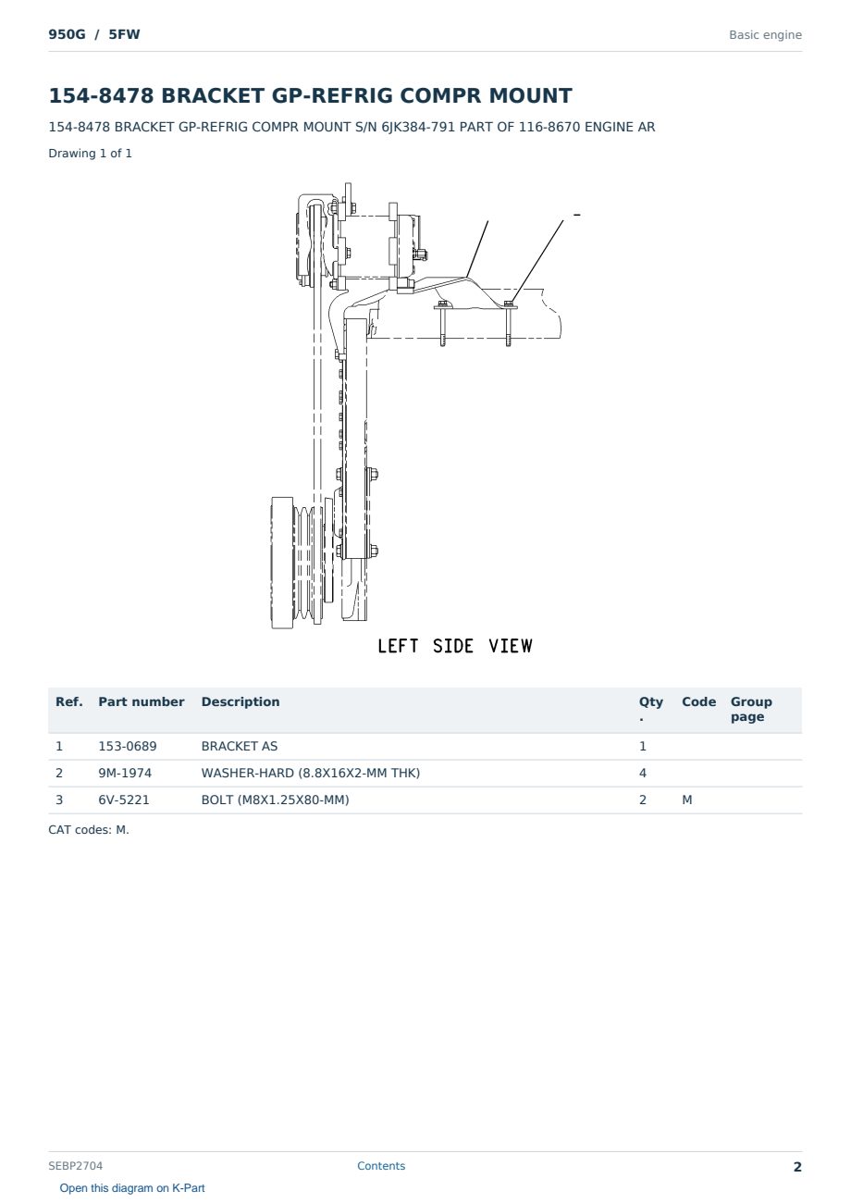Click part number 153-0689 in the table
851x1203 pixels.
tap(128, 746)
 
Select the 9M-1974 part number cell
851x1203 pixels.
tap(125, 773)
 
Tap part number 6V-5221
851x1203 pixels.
tap(124, 800)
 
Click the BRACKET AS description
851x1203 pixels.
tap(240, 746)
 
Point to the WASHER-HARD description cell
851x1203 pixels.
tap(310, 773)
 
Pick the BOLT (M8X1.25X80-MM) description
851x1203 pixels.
tap(275, 800)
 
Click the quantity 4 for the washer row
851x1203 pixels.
tap(643, 773)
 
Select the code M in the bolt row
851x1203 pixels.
tap(686, 800)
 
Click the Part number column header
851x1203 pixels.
tap(142, 702)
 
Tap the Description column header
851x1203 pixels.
tap(240, 702)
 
